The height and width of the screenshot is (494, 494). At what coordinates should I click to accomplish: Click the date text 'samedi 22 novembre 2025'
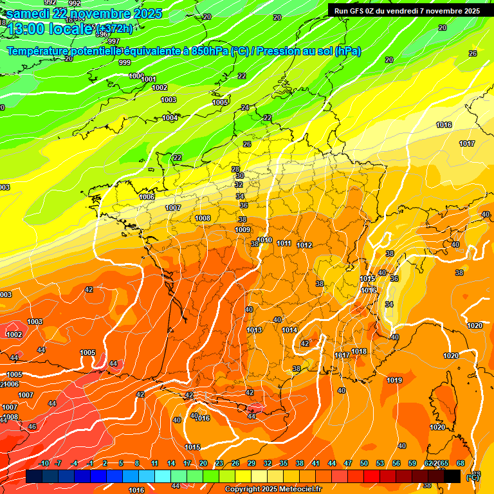(x=84, y=14)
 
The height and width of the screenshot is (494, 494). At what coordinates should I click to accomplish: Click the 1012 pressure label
(x=304, y=245)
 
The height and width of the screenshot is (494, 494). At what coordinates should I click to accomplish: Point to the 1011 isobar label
(x=284, y=243)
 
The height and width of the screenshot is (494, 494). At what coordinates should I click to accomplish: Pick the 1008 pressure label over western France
(x=203, y=218)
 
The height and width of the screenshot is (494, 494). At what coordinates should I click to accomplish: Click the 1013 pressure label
(x=254, y=330)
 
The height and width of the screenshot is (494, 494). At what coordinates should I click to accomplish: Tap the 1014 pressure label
(x=289, y=330)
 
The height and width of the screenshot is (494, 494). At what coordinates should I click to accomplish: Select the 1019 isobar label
(x=394, y=380)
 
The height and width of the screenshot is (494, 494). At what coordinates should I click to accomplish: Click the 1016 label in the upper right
(x=444, y=125)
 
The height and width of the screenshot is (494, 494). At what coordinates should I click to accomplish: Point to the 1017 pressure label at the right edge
(x=467, y=143)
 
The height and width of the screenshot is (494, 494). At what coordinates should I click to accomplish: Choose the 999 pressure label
(x=125, y=62)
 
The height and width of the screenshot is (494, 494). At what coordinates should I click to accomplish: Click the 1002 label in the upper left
(x=160, y=87)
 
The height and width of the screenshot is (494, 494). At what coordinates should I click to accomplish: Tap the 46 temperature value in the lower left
(x=32, y=426)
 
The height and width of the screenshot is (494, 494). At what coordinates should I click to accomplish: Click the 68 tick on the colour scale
(x=461, y=463)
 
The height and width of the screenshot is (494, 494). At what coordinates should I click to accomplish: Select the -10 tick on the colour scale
(x=44, y=463)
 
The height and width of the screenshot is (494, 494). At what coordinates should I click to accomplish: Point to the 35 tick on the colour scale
(x=284, y=463)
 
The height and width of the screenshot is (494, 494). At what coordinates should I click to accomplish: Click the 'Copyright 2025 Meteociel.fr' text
(x=273, y=489)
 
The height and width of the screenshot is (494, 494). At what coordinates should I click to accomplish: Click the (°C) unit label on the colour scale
(x=472, y=477)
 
